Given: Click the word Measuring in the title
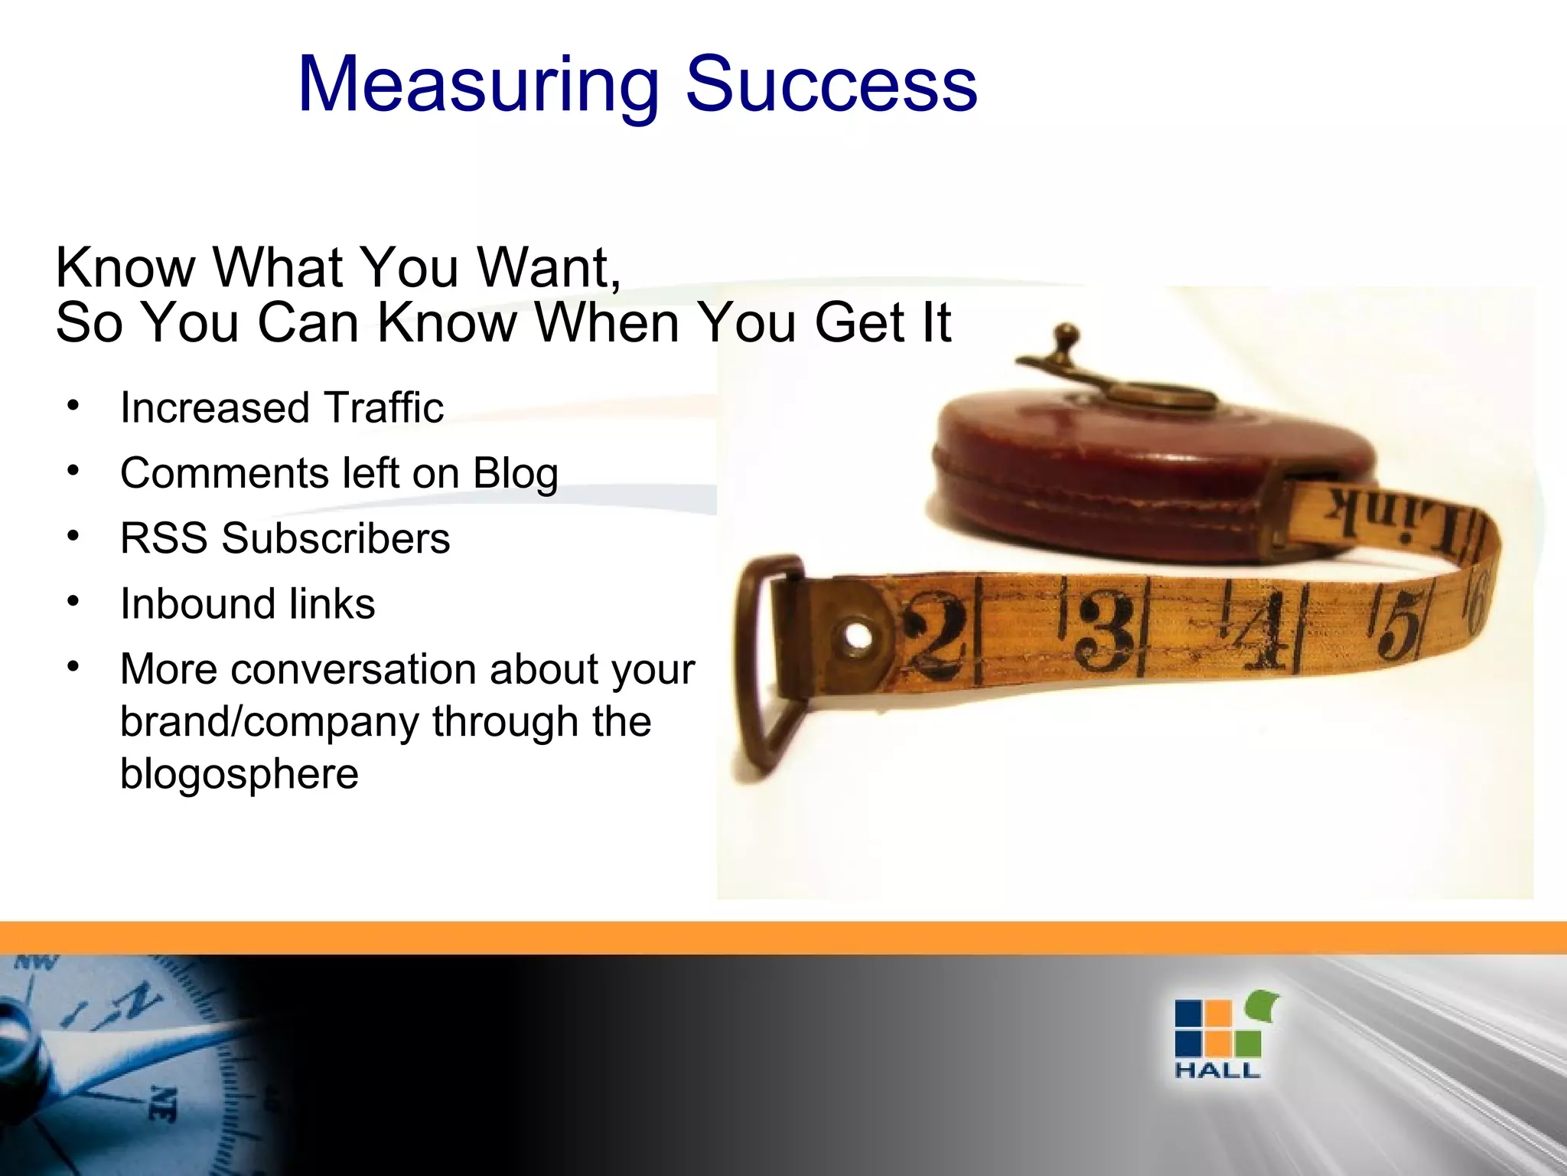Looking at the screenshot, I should [x=478, y=86].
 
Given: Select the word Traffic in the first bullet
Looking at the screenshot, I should [x=383, y=408].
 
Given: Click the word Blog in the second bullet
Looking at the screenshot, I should [x=516, y=473].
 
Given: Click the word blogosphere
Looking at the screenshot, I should [x=239, y=773].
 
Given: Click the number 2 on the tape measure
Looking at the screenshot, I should [x=934, y=637].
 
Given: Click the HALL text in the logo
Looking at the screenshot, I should [x=1217, y=1070].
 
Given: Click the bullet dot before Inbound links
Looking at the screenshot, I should [x=73, y=602].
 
